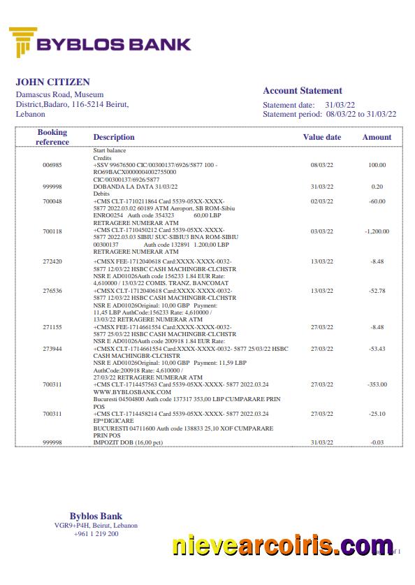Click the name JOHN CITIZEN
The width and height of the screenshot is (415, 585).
(53, 82)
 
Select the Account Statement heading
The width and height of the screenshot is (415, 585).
(302, 91)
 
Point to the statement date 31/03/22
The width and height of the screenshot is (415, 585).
(340, 105)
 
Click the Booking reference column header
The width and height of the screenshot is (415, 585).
(52, 137)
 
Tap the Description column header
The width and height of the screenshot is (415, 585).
(114, 137)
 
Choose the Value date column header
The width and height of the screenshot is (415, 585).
(321, 137)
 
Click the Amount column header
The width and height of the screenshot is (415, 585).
(377, 137)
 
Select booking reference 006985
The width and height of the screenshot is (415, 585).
(52, 165)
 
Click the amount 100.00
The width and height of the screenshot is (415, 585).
(377, 165)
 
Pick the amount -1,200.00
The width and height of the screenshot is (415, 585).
(377, 231)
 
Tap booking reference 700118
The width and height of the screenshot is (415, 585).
(52, 231)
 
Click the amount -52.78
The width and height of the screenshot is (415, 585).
(377, 290)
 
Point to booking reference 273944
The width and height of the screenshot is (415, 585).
(52, 349)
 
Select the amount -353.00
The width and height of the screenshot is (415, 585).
(377, 385)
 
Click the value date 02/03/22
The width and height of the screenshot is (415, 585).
(321, 202)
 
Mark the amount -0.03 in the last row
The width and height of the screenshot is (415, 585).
(377, 443)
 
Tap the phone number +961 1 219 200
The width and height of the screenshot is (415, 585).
(96, 534)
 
